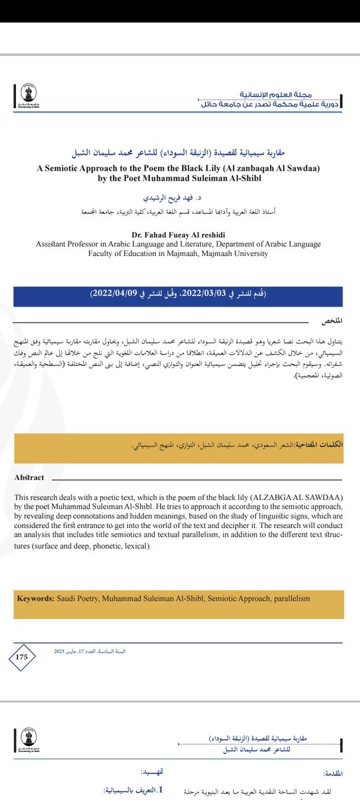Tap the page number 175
pos(21,657)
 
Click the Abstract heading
pos(29,477)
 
